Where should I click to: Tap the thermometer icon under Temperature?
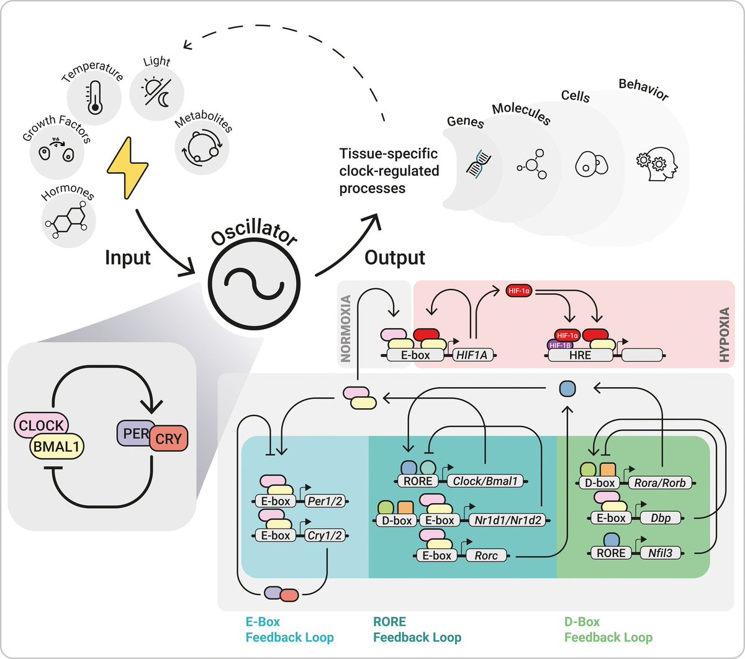(94, 97)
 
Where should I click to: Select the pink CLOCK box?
(41, 425)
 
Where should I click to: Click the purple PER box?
(132, 432)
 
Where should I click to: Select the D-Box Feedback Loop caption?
(608, 629)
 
